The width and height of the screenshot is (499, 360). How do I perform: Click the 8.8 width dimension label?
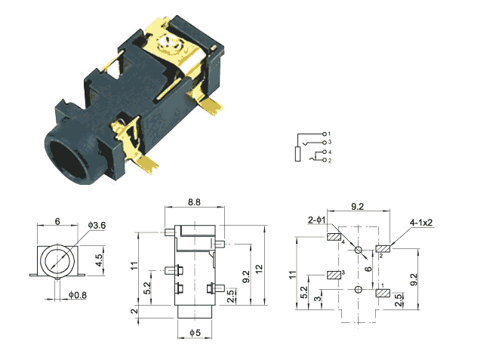click(194, 202)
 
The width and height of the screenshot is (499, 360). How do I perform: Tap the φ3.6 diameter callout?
click(97, 226)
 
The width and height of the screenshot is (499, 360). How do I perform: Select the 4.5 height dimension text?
click(100, 260)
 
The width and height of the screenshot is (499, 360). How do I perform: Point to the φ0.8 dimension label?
click(78, 295)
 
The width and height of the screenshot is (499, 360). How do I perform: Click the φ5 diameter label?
click(196, 333)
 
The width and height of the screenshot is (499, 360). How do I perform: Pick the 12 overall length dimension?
click(260, 269)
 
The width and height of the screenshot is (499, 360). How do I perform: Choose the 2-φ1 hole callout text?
click(316, 220)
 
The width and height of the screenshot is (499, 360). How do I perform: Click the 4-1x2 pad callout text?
click(421, 223)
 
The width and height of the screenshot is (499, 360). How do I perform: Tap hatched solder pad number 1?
click(383, 293)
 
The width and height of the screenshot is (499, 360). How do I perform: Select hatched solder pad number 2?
click(383, 248)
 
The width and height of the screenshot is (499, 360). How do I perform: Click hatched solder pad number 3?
click(334, 275)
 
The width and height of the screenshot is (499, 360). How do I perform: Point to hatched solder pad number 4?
click(334, 237)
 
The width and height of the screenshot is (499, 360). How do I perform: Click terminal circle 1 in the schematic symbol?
click(325, 134)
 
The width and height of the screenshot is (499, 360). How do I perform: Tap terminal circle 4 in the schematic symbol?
click(325, 152)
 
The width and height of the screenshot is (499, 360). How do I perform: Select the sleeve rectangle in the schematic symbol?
click(297, 154)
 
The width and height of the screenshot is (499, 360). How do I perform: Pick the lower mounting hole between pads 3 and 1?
click(359, 289)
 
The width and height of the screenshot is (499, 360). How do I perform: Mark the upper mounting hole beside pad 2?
click(359, 250)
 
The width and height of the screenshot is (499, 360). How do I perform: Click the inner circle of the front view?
click(57, 261)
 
